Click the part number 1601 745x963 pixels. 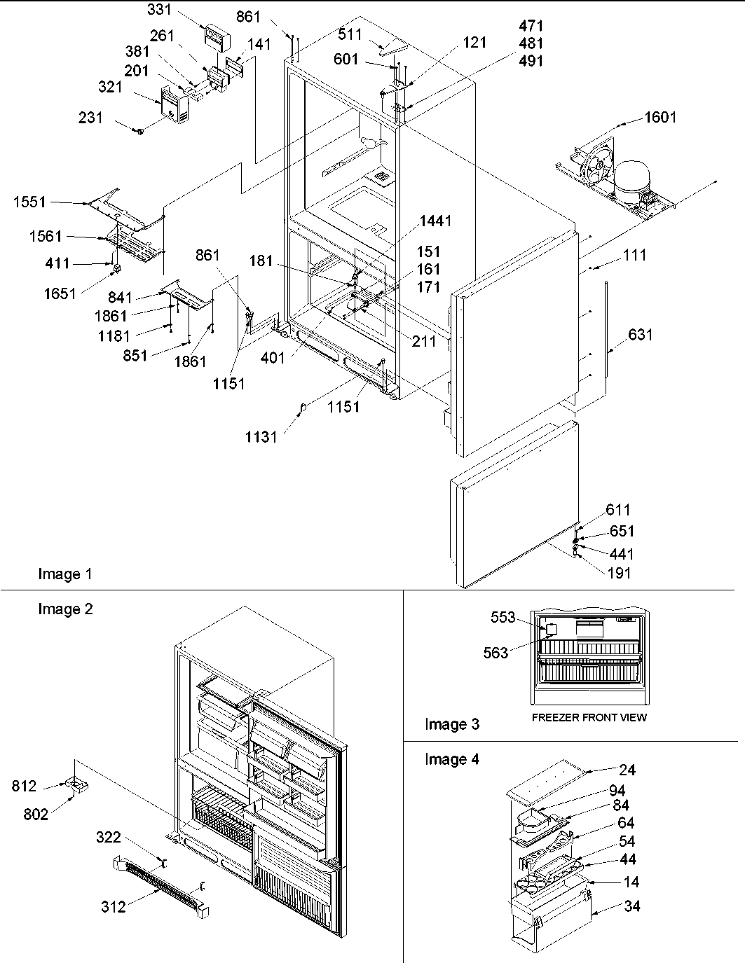(659, 117)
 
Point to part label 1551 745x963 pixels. (29, 202)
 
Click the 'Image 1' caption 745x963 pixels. (64, 574)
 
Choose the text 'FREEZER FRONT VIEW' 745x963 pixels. (589, 717)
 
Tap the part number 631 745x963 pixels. (640, 335)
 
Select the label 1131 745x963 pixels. (261, 437)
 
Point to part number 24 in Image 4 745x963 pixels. (627, 770)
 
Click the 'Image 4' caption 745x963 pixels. (452, 759)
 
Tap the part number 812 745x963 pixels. (24, 787)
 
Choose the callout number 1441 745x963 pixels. (435, 221)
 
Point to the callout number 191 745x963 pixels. (619, 572)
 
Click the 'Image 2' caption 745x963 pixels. (65, 609)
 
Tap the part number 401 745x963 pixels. (273, 358)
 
